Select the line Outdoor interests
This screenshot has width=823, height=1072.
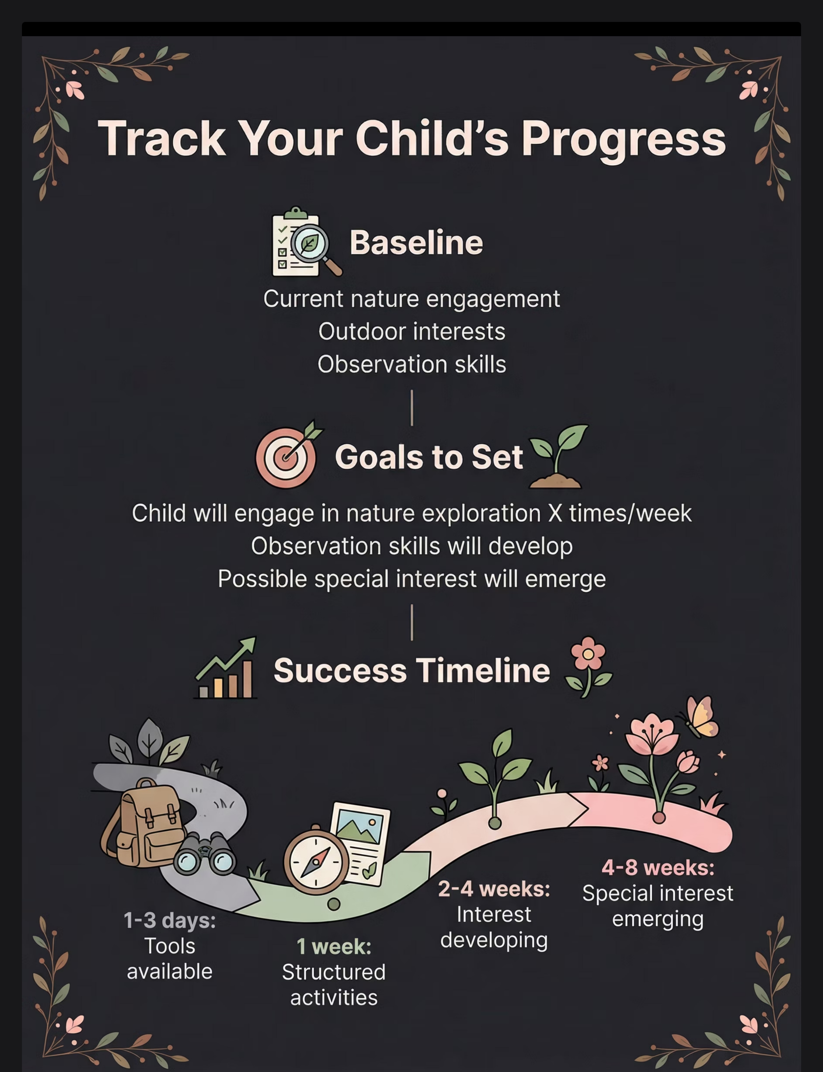tap(411, 331)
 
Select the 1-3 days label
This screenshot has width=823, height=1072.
tap(169, 920)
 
